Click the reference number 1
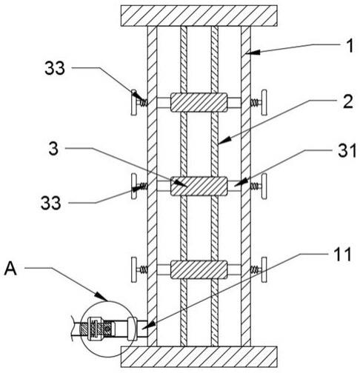coord(350,46)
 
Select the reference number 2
coord(348,101)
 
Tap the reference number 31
coord(347,150)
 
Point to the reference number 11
coord(343,254)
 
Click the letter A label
coord(10,269)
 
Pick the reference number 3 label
coord(53,149)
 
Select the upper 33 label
coord(55,68)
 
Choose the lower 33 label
coord(51,203)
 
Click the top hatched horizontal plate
coord(199,16)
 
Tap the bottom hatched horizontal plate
coord(199,357)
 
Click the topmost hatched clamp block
coord(199,102)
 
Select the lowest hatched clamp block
coord(199,270)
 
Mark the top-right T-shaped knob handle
coord(264,102)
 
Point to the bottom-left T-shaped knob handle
coord(134,269)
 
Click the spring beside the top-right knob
coord(255,102)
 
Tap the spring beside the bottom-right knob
coord(255,270)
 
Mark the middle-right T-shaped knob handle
coord(264,186)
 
